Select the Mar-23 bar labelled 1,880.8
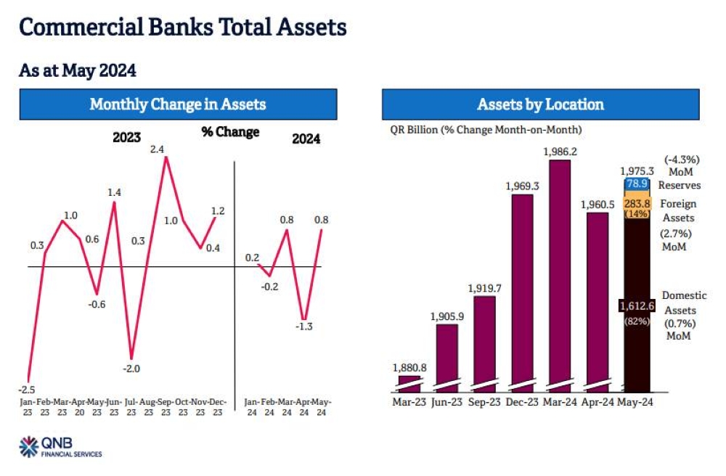click(409, 381)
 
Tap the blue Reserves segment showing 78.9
click(636, 184)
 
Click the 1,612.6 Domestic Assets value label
click(636, 305)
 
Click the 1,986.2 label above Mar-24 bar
click(560, 152)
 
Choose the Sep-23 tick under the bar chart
click(485, 401)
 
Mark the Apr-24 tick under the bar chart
click(597, 401)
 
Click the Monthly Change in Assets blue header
click(178, 104)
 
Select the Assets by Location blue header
click(540, 104)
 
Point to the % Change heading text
click(230, 132)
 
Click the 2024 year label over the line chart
click(306, 139)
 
